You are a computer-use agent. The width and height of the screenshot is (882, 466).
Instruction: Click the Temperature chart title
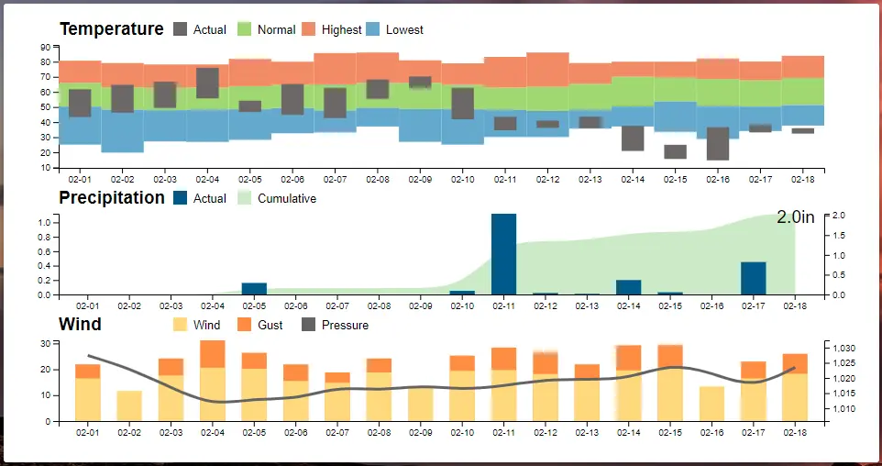tap(111, 29)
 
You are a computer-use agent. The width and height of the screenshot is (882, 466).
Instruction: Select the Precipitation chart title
tap(111, 197)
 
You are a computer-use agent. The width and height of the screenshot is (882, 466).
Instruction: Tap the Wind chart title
tap(80, 324)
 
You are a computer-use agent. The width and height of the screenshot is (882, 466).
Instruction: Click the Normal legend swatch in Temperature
tap(245, 29)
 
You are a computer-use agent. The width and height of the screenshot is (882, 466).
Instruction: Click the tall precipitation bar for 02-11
tap(503, 254)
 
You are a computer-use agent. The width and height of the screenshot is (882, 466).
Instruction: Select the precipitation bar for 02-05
tap(254, 289)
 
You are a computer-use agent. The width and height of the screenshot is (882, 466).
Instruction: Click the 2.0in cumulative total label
tap(796, 217)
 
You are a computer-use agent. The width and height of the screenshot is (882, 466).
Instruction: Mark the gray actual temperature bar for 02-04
tap(207, 83)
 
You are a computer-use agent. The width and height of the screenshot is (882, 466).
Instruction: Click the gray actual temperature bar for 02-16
tap(718, 143)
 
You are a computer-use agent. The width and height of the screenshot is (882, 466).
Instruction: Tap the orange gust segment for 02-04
tap(213, 354)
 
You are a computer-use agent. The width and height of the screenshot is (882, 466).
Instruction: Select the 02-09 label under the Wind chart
tap(421, 432)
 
